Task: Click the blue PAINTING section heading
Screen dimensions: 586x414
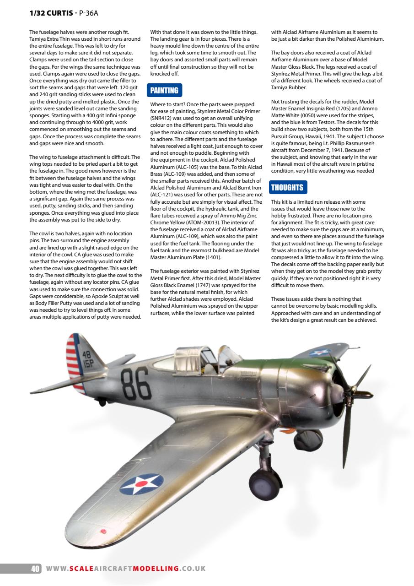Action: point(164,90)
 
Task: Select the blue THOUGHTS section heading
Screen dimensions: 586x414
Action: point(287,188)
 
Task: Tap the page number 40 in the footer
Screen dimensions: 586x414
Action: point(35,569)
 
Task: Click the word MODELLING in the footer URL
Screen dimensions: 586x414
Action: point(155,569)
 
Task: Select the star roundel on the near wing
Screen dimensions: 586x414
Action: point(141,483)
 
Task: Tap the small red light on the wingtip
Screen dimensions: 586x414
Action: point(103,531)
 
